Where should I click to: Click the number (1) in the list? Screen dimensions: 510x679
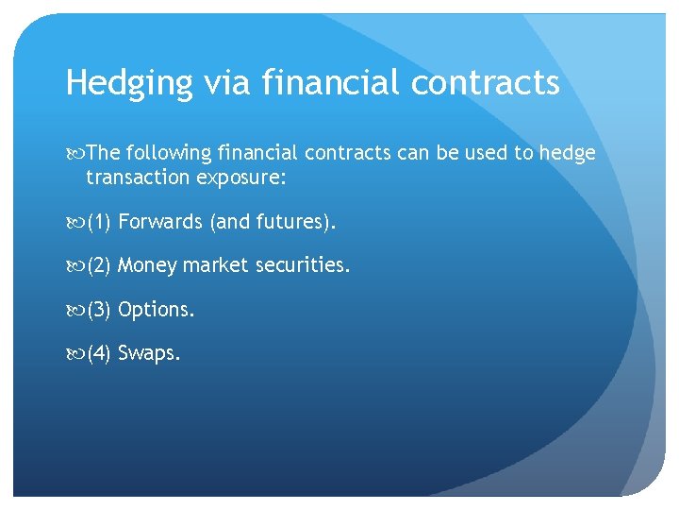coord(100,222)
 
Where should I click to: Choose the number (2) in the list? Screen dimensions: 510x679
coord(100,265)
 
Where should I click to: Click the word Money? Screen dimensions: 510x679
coord(147,266)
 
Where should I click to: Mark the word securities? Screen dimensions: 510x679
coord(301,265)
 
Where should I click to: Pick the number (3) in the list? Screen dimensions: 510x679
coord(100,310)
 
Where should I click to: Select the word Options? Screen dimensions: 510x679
coord(157,310)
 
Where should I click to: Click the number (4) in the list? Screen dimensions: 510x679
coord(100,354)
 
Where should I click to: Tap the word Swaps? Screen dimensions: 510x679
coord(149,355)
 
